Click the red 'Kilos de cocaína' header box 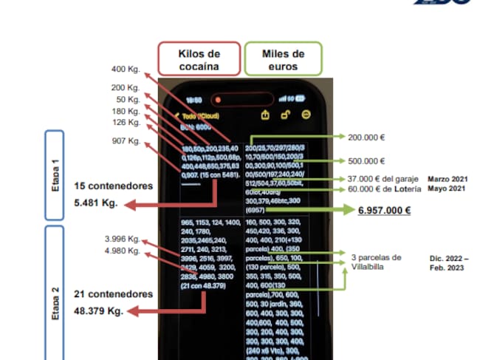tap(199, 59)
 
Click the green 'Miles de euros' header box tap(283, 59)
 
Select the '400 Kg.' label tap(126, 69)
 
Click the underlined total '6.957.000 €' tap(384, 210)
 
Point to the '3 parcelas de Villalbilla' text tap(377, 262)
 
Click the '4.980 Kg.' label tap(123, 250)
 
